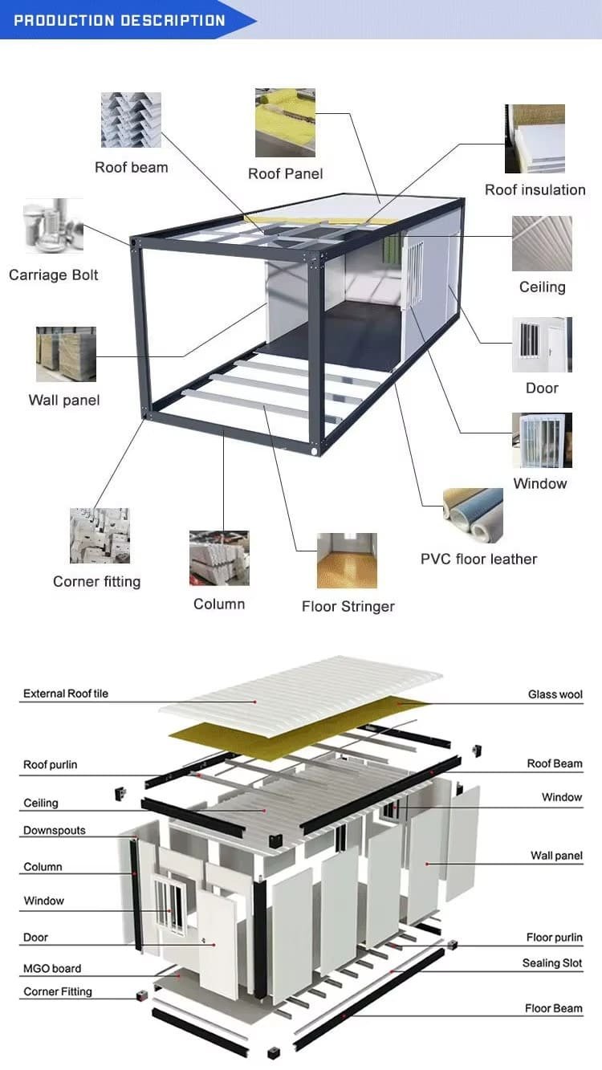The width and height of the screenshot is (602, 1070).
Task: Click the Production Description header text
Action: [x=120, y=20]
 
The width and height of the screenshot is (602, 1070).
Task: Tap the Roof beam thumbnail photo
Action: [x=131, y=120]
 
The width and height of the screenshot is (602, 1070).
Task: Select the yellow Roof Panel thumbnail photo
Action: [x=285, y=122]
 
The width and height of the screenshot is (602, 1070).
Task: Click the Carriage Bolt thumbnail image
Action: [x=53, y=225]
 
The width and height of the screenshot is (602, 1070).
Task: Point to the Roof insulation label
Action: [x=535, y=189]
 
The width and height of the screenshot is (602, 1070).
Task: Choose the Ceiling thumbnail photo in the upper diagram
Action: [x=542, y=243]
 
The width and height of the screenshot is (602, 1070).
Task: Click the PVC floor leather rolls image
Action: [x=473, y=515]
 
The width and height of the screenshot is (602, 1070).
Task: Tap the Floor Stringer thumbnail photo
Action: [x=347, y=560]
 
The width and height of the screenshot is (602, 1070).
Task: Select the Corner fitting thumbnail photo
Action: [x=100, y=535]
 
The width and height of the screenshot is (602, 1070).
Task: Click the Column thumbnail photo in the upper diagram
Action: [x=219, y=558]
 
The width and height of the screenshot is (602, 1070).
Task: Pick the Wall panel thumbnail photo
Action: [x=66, y=354]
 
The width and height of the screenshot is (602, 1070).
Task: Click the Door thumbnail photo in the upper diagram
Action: [x=542, y=344]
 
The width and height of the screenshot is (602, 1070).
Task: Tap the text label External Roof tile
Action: [x=66, y=693]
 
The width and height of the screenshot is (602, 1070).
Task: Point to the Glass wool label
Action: [x=555, y=694]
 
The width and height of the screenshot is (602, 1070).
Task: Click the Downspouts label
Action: [x=55, y=830]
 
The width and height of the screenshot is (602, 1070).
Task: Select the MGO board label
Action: [x=52, y=968]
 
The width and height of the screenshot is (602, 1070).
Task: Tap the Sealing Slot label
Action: [x=552, y=963]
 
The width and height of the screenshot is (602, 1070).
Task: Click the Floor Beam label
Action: [x=554, y=1008]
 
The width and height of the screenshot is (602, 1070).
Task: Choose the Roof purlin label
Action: [x=50, y=764]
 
